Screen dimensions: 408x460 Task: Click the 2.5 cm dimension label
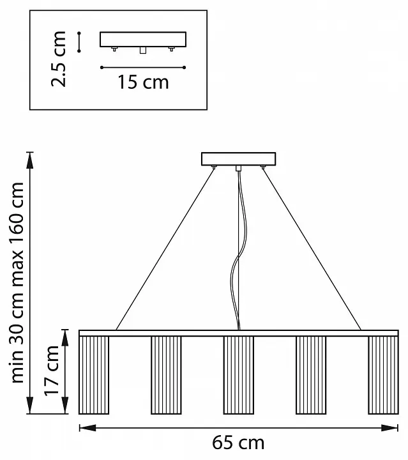(58, 59)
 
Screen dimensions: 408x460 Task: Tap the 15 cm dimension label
(143, 82)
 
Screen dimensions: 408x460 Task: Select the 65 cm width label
(238, 442)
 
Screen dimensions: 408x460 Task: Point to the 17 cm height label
(52, 371)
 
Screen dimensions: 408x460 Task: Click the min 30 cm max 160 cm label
(17, 282)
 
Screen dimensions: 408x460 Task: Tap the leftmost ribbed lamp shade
(94, 375)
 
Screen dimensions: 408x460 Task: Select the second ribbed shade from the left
(166, 375)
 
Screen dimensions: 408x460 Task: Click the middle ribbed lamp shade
(239, 375)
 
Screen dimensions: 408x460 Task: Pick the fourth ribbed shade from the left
(311, 375)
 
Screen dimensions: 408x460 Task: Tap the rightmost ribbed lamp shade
(383, 375)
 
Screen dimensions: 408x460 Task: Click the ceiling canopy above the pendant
(239, 158)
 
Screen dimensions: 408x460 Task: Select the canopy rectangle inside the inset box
(143, 40)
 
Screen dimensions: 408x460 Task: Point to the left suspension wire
(165, 249)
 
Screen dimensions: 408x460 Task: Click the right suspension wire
(312, 249)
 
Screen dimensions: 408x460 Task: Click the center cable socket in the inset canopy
(143, 50)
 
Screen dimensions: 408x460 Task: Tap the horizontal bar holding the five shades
(239, 333)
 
